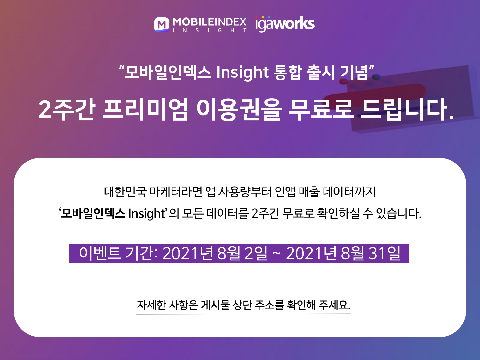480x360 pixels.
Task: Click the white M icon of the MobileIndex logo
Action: click(x=162, y=25)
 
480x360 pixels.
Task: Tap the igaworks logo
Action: click(x=285, y=24)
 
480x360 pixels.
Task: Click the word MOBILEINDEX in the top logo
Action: click(x=210, y=22)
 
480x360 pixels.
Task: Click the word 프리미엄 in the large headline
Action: click(x=145, y=109)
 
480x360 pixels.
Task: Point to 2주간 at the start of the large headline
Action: click(x=67, y=109)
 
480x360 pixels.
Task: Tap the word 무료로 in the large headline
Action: click(x=321, y=109)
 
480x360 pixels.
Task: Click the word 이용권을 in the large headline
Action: click(x=238, y=109)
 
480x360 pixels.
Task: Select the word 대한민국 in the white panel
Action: click(x=125, y=192)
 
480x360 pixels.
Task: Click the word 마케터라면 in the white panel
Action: click(x=176, y=192)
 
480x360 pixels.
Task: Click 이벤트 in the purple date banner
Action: click(x=100, y=253)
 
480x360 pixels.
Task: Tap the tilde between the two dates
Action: click(x=276, y=254)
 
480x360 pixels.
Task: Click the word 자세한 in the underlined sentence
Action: click(x=151, y=305)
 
